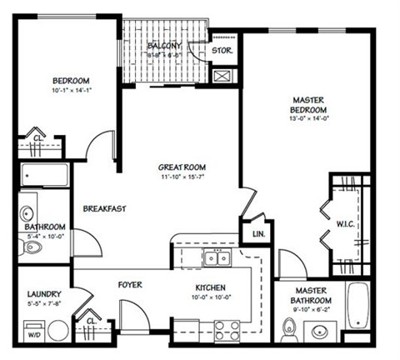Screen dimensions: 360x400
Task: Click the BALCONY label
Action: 166,45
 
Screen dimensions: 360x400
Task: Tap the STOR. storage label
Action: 222,50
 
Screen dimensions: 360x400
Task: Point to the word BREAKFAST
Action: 104,208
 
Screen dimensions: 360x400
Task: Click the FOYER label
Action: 129,284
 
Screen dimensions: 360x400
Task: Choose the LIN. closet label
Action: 257,234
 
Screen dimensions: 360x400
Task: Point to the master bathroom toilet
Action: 289,332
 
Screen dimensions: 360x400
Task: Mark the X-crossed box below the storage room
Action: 222,77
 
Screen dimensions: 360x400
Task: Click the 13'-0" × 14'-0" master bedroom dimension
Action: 308,118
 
